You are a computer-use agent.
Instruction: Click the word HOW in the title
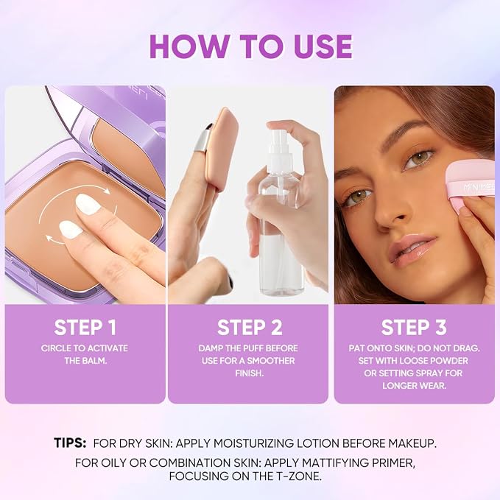tap(189, 46)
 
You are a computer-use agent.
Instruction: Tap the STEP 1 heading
tap(85, 328)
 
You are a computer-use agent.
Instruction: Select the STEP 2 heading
tap(250, 328)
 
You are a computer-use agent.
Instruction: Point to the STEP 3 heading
tap(414, 328)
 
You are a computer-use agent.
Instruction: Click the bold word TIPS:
tap(70, 443)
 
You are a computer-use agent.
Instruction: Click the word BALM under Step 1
tap(92, 361)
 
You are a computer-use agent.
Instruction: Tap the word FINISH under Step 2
tap(250, 373)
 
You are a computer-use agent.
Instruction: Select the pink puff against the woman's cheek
tap(471, 182)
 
